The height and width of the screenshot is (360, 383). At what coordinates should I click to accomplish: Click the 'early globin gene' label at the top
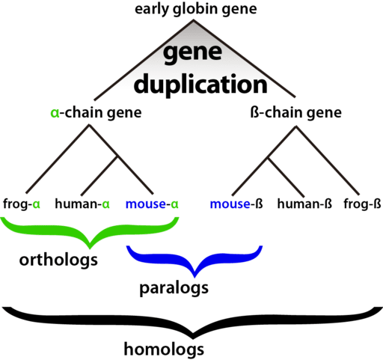(x=196, y=10)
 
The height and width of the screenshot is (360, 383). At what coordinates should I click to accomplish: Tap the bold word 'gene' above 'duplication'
(x=192, y=53)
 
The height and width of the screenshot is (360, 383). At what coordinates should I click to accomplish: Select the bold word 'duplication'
(x=200, y=84)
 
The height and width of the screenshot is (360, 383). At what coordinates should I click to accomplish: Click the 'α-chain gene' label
(x=96, y=113)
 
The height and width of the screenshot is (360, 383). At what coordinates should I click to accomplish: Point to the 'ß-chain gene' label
(x=295, y=113)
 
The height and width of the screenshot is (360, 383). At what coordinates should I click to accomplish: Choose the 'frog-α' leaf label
(x=22, y=204)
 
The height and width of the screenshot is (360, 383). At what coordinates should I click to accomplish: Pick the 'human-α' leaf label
(x=82, y=204)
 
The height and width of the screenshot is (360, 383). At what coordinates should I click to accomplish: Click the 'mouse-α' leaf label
(x=152, y=204)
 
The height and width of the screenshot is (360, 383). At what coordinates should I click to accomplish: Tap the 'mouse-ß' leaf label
(x=236, y=204)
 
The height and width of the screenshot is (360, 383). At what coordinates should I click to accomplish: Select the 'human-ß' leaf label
(x=304, y=204)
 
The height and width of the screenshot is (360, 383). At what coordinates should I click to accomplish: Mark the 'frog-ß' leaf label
(x=362, y=204)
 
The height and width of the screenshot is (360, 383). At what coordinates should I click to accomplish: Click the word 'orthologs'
(x=58, y=260)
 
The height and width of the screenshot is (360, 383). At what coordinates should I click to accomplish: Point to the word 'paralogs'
(x=174, y=289)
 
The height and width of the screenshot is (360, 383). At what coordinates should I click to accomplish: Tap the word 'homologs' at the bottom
(x=164, y=350)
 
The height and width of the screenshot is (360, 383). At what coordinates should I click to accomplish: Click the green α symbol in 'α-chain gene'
(x=55, y=113)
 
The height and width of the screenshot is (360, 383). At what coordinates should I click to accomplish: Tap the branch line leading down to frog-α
(x=58, y=159)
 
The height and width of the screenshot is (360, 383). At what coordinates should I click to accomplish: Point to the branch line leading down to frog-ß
(x=328, y=160)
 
